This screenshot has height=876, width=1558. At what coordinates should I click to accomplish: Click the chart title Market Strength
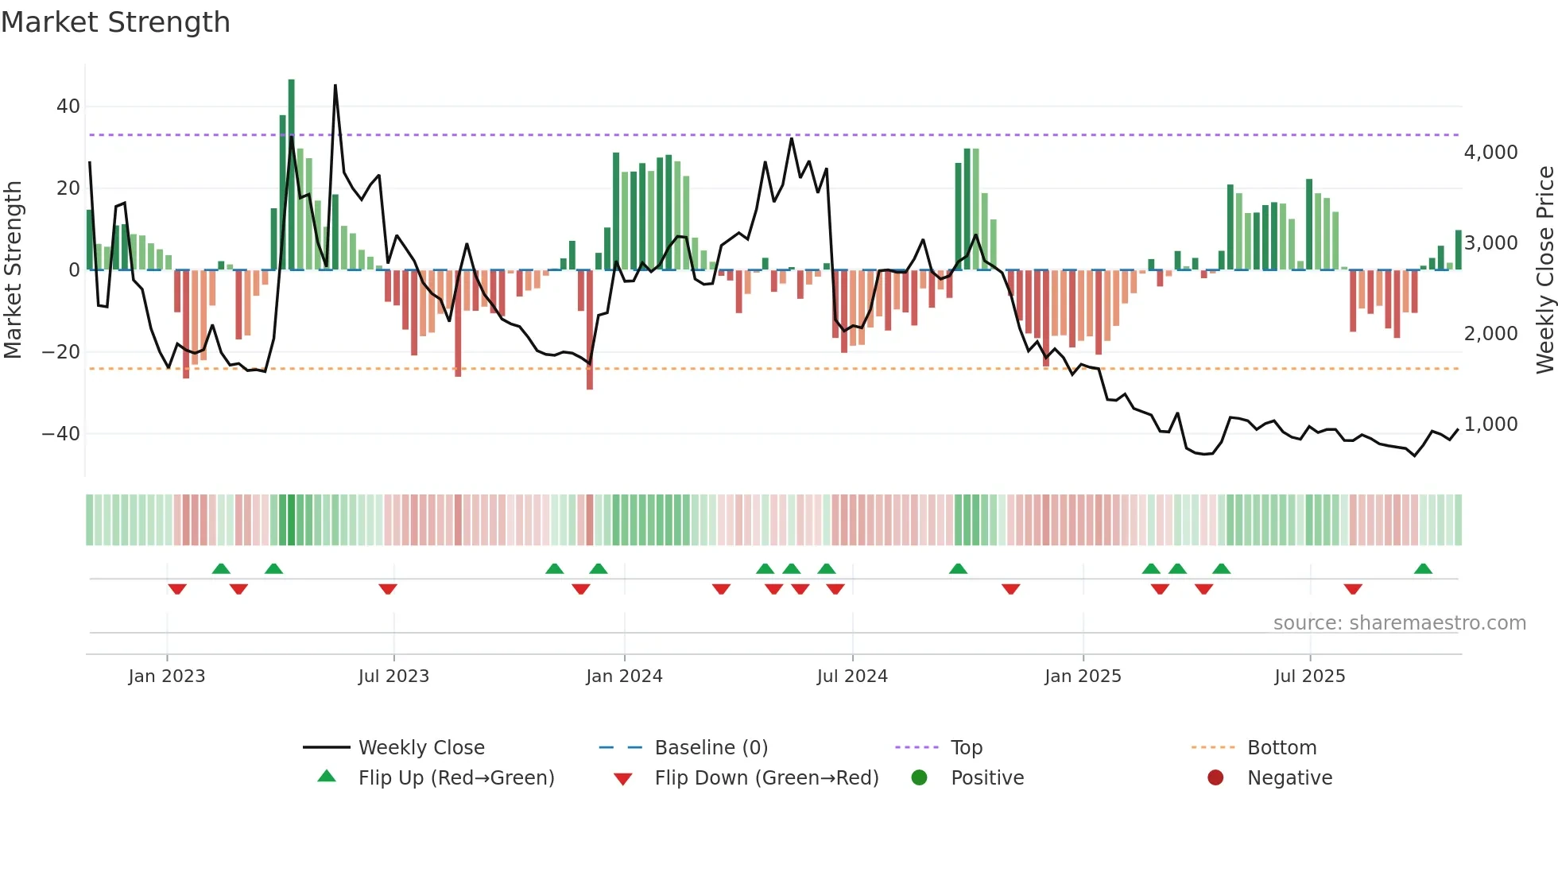click(116, 22)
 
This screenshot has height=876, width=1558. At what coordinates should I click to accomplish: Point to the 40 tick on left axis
click(68, 107)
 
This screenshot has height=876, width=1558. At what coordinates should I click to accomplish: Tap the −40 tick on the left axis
click(61, 434)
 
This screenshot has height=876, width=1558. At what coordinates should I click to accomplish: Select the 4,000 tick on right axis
click(1490, 153)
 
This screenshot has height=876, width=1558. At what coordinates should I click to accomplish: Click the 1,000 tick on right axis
click(1490, 424)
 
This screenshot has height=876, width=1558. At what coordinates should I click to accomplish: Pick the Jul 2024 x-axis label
click(852, 676)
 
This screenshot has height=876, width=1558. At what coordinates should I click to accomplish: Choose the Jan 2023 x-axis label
click(167, 676)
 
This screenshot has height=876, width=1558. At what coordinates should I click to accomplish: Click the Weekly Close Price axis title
click(1544, 270)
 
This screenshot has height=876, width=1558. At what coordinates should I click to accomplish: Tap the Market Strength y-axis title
click(14, 270)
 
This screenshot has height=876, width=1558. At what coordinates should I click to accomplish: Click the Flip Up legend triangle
click(327, 777)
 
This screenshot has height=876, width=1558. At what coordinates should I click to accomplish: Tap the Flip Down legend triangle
click(623, 779)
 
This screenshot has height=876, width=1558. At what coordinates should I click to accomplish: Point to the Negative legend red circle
click(1215, 777)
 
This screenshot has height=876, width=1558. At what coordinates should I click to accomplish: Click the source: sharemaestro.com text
click(1399, 623)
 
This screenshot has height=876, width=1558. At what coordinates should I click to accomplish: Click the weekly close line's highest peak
click(335, 86)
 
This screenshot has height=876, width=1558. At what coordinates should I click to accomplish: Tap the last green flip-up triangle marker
click(1423, 569)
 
